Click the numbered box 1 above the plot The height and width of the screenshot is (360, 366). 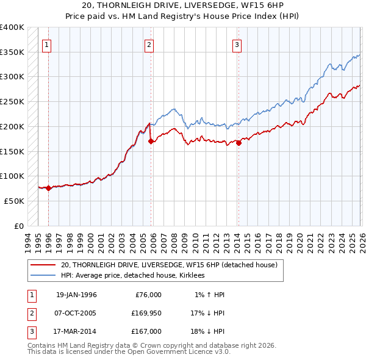pyautogui.click(x=48, y=44)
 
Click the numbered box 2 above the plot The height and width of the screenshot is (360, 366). pyautogui.click(x=149, y=44)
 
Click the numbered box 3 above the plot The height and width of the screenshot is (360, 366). pyautogui.click(x=237, y=44)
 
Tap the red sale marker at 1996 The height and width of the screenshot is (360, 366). pyautogui.click(x=48, y=189)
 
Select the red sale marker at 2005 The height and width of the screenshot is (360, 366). pyautogui.click(x=150, y=142)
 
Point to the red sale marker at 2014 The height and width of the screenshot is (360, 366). pyautogui.click(x=239, y=143)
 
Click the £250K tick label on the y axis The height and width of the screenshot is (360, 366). pyautogui.click(x=12, y=101)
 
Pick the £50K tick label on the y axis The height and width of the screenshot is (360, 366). pyautogui.click(x=14, y=201)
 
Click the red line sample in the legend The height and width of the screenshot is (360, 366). pyautogui.click(x=43, y=265)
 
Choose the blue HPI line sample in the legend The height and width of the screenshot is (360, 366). pyautogui.click(x=43, y=276)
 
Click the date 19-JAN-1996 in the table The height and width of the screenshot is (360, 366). pyautogui.click(x=76, y=295)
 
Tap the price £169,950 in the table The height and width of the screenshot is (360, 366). pyautogui.click(x=146, y=313)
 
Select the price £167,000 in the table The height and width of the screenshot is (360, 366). pyautogui.click(x=146, y=331)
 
